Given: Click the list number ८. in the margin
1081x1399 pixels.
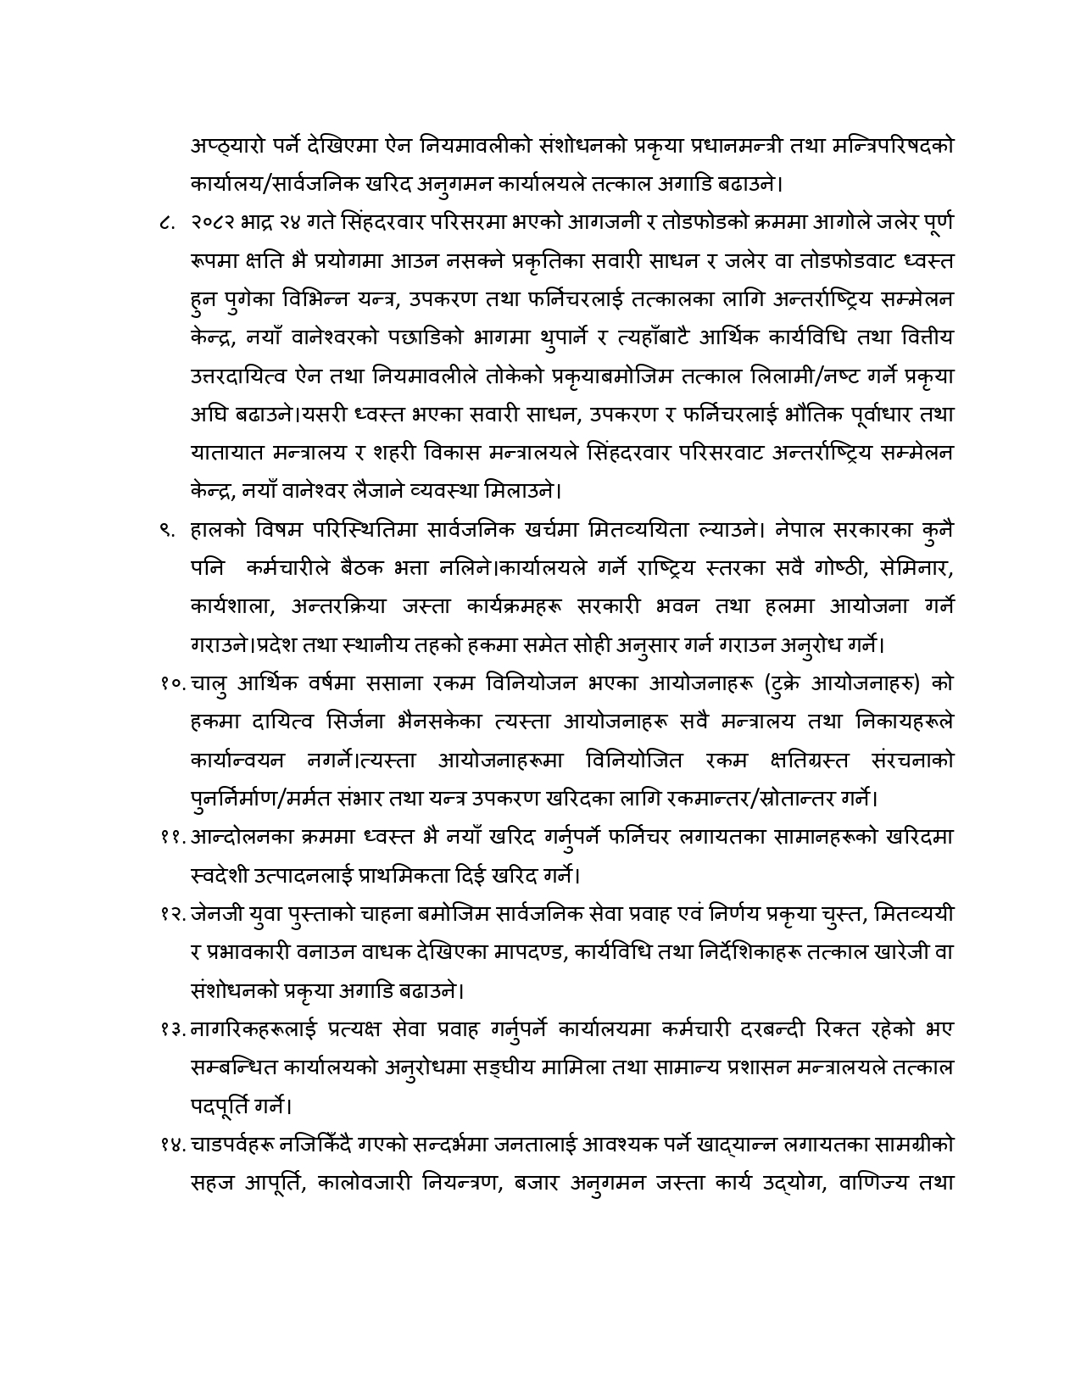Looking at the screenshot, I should (167, 223).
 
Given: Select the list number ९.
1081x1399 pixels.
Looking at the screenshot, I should (167, 531).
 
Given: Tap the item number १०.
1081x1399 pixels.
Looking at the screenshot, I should (172, 684).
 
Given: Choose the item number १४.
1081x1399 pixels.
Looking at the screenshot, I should (172, 1144).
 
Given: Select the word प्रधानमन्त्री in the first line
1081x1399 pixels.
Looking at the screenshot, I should (722, 145).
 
